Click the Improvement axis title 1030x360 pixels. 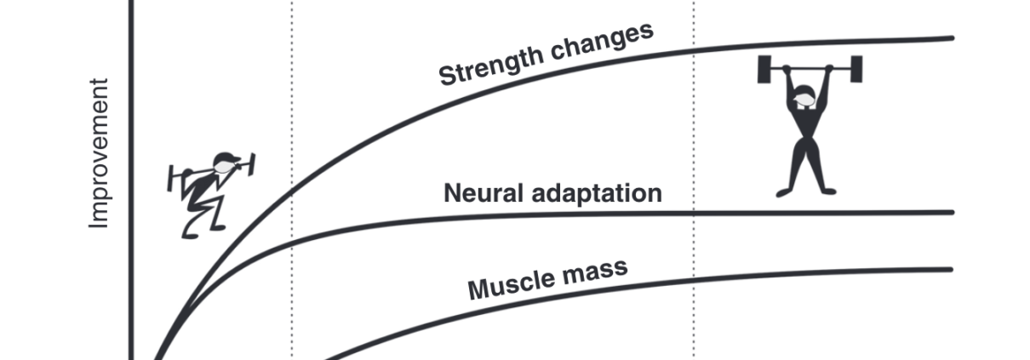coord(100,153)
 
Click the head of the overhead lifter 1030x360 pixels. coord(803,101)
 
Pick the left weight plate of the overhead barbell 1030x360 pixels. coord(764,69)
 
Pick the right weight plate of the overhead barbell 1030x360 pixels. coord(855,69)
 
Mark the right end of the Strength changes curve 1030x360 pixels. coord(951,37)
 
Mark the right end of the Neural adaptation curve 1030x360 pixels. coord(951,213)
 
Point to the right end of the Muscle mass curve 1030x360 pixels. coord(949,270)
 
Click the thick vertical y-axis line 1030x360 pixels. coord(131,170)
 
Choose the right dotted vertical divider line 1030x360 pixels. coord(694,170)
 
